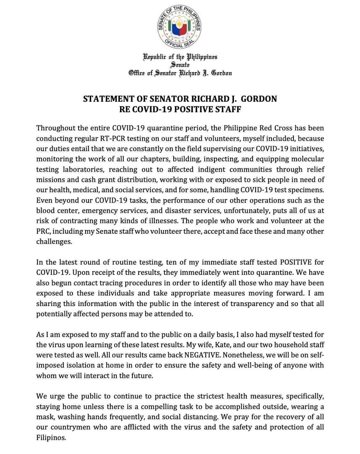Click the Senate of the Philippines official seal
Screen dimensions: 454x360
pyautogui.click(x=180, y=27)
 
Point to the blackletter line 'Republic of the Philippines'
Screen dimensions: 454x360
pyautogui.click(x=180, y=57)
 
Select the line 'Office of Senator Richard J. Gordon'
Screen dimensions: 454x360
pyautogui.click(x=180, y=73)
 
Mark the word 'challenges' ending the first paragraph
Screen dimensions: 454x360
pyautogui.click(x=54, y=242)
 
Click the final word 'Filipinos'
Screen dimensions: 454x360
pyautogui.click(x=51, y=437)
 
